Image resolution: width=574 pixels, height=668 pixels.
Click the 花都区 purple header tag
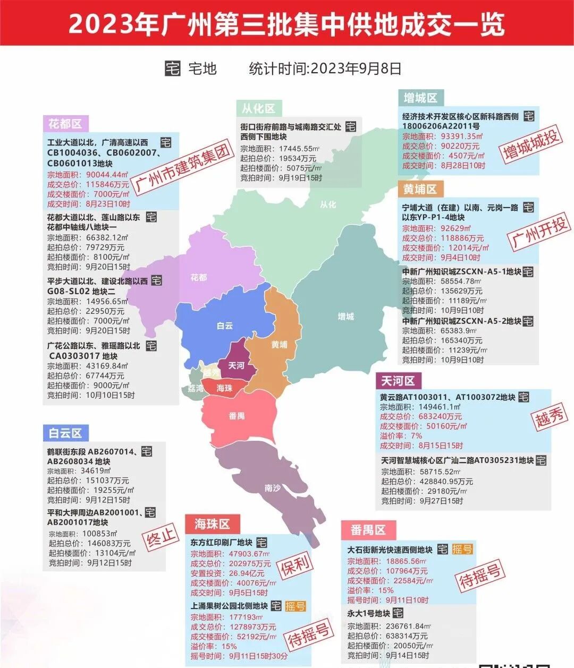(65, 124)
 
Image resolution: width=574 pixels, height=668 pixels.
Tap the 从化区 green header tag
(258, 108)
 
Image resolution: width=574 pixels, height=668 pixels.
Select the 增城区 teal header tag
(420, 98)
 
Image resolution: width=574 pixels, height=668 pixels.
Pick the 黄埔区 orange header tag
(420, 189)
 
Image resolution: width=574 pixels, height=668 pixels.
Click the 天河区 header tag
(398, 381)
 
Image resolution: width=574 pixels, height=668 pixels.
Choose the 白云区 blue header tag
(65, 433)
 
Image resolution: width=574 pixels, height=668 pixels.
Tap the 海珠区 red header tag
(212, 524)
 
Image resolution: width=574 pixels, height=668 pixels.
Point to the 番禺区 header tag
(368, 530)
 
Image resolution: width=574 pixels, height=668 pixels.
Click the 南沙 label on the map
(273, 487)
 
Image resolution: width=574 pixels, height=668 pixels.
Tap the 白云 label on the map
(225, 326)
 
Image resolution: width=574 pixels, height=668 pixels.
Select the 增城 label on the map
(345, 316)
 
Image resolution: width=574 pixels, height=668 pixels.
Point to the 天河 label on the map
(237, 365)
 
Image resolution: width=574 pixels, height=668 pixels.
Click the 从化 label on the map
(328, 204)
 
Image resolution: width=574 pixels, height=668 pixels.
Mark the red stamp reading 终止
(162, 538)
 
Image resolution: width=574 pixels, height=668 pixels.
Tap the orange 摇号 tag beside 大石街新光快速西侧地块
(462, 549)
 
